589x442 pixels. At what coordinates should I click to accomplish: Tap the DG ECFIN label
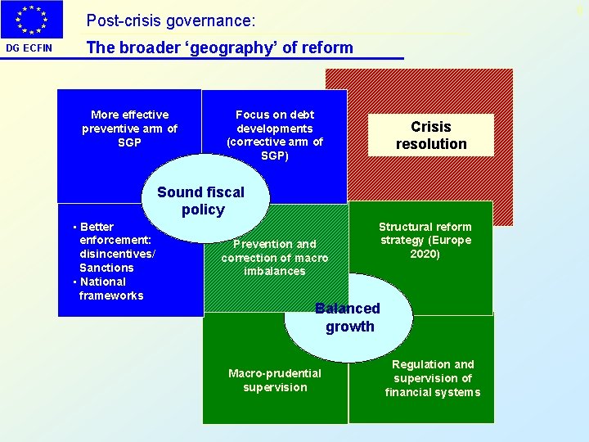pos(29,47)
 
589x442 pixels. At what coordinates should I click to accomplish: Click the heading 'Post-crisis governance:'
pos(171,19)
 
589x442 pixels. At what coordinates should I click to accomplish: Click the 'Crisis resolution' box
pos(431,135)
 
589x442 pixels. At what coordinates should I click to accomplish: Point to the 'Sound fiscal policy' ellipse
pos(201,201)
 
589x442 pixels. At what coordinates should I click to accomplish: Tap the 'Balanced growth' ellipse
pos(348,318)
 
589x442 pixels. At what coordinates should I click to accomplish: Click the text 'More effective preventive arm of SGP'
pos(129,129)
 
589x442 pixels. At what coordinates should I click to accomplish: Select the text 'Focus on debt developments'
pos(275,121)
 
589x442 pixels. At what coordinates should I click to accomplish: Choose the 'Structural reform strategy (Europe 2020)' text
pos(425,240)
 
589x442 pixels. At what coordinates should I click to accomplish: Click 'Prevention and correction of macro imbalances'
pos(275,257)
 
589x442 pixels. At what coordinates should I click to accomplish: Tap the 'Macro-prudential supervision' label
pos(275,380)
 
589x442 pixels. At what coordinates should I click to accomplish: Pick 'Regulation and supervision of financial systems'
pos(433,378)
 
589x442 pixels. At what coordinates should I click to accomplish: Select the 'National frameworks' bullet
pos(110,288)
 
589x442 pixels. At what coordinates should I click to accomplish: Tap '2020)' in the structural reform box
pos(425,254)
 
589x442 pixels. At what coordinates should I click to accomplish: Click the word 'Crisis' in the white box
pos(431,127)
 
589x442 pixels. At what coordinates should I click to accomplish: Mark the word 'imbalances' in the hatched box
pos(275,271)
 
